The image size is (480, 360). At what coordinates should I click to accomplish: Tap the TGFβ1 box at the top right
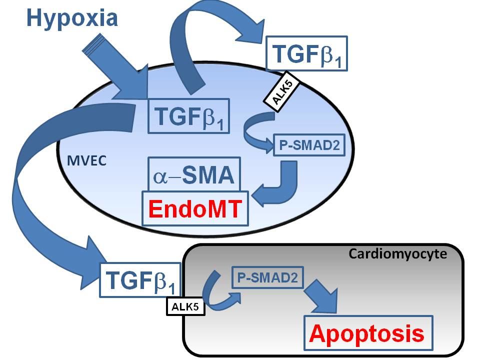(306, 53)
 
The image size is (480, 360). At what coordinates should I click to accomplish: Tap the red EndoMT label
(195, 208)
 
